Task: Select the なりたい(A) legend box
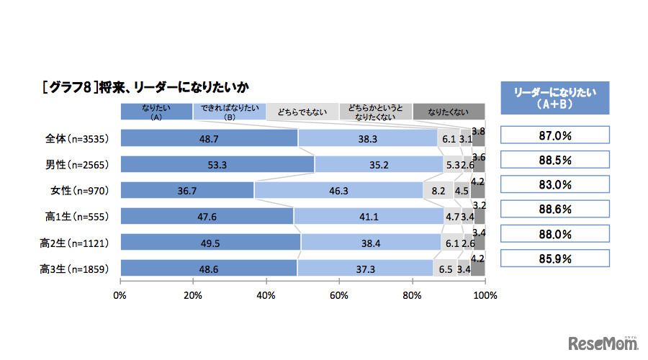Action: pyautogui.click(x=156, y=111)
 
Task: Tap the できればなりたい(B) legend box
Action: pyautogui.click(x=229, y=111)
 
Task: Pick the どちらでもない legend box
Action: pyautogui.click(x=302, y=111)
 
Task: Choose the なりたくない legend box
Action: pyautogui.click(x=448, y=111)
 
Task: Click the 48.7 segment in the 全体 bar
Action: pyautogui.click(x=209, y=138)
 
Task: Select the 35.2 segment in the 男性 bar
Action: pyautogui.click(x=379, y=164)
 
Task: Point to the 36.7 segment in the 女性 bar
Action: pyautogui.click(x=187, y=190)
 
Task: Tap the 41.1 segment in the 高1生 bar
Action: pyautogui.click(x=369, y=216)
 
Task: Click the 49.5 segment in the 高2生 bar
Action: pyautogui.click(x=210, y=242)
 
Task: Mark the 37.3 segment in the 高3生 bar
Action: pyautogui.click(x=366, y=268)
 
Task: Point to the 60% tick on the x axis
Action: pyautogui.click(x=339, y=294)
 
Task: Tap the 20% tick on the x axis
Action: pyautogui.click(x=193, y=294)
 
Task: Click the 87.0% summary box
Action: pyautogui.click(x=554, y=135)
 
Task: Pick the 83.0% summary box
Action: pyautogui.click(x=554, y=184)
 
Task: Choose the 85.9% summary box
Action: pyautogui.click(x=554, y=258)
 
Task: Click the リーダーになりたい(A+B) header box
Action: pyautogui.click(x=554, y=98)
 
